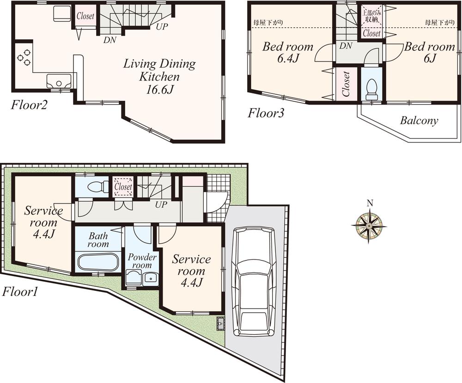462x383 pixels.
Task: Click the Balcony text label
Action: pyautogui.click(x=419, y=121)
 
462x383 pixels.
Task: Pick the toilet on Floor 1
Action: pyautogui.click(x=92, y=187)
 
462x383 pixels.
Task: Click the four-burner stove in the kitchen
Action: pyautogui.click(x=23, y=57)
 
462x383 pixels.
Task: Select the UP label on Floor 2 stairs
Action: pyautogui.click(x=161, y=26)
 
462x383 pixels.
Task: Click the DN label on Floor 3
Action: pyautogui.click(x=346, y=46)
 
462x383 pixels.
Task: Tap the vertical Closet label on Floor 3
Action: pyautogui.click(x=346, y=84)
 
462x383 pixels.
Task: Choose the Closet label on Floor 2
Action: pyautogui.click(x=85, y=16)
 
